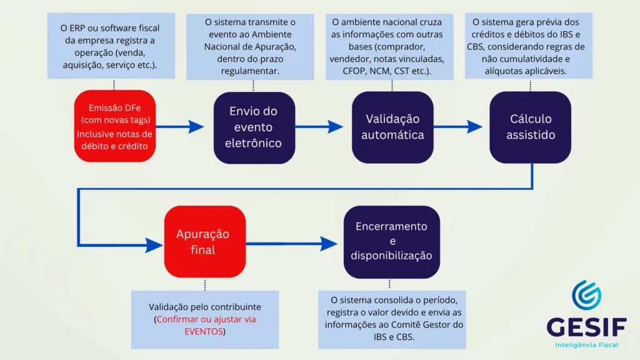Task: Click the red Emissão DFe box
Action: [114, 127]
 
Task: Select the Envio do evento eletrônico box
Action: [254, 127]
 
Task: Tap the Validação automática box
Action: [392, 127]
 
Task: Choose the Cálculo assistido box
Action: [530, 127]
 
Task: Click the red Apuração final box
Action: [204, 242]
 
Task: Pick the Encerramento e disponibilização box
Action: [392, 242]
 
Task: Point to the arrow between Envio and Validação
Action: [319, 127]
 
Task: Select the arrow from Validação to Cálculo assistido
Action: [457, 127]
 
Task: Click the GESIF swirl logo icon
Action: [586, 295]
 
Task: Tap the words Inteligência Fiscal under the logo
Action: [586, 345]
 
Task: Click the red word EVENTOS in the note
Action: [204, 331]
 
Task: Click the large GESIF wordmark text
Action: [586, 326]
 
